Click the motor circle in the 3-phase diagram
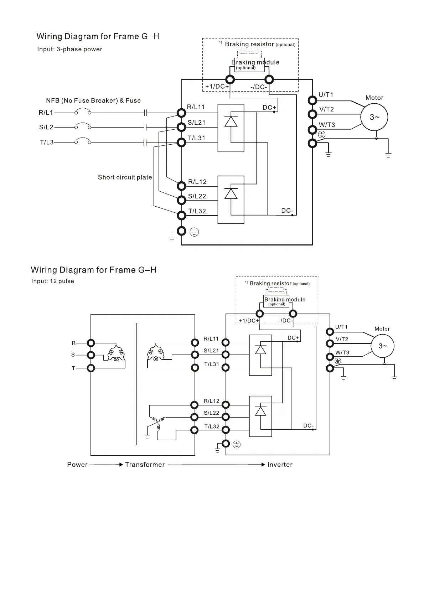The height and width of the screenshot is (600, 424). [x=374, y=117]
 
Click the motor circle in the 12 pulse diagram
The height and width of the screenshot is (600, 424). [x=383, y=346]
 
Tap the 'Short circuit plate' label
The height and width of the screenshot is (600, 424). [x=125, y=177]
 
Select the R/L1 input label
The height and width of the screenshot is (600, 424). [x=46, y=113]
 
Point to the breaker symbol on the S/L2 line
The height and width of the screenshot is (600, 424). [x=82, y=126]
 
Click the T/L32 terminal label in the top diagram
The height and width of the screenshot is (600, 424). [x=197, y=211]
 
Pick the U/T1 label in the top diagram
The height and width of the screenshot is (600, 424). [x=326, y=95]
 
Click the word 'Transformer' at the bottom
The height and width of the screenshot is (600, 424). [x=145, y=465]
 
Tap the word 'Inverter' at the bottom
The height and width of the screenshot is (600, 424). [x=280, y=465]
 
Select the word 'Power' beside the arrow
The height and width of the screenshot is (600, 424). [x=77, y=465]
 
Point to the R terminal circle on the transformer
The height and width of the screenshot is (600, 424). [x=91, y=343]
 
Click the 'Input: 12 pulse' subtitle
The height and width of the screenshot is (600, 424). [x=53, y=281]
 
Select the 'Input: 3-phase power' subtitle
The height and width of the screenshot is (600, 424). [x=70, y=49]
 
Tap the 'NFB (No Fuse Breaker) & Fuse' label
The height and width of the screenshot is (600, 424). [x=93, y=100]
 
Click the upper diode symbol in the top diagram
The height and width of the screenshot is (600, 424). [x=231, y=121]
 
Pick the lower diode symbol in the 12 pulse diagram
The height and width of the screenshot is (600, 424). [x=261, y=411]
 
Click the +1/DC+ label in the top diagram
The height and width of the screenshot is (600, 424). [x=217, y=87]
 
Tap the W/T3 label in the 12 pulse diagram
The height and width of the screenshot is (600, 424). [x=342, y=353]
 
